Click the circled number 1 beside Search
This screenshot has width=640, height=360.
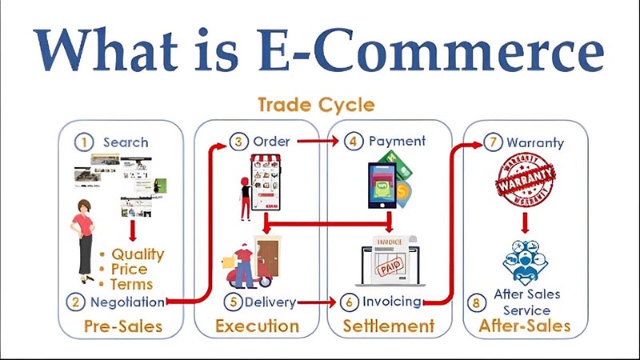click(84, 142)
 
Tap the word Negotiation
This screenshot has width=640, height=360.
click(127, 302)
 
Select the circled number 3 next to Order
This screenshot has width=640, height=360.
click(238, 142)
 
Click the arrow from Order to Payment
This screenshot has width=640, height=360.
click(318, 142)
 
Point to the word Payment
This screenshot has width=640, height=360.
click(397, 142)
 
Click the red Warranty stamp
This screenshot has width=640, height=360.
click(526, 180)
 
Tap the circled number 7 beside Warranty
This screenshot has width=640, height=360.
click(493, 142)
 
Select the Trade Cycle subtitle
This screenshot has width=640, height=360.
click(316, 105)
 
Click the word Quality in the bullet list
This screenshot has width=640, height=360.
click(138, 254)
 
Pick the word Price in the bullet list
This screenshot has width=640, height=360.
click(129, 270)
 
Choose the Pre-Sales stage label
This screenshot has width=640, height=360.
click(123, 326)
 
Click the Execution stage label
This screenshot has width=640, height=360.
click(257, 326)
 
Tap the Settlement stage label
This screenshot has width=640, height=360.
click(389, 326)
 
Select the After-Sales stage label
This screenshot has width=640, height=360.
click(525, 326)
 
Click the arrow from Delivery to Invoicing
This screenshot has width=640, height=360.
click(317, 302)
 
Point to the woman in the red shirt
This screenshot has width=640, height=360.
click(84, 242)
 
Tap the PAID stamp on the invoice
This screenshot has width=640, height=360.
click(390, 267)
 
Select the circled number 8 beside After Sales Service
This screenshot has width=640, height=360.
click(476, 303)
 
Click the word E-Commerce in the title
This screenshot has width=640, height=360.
click(431, 50)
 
